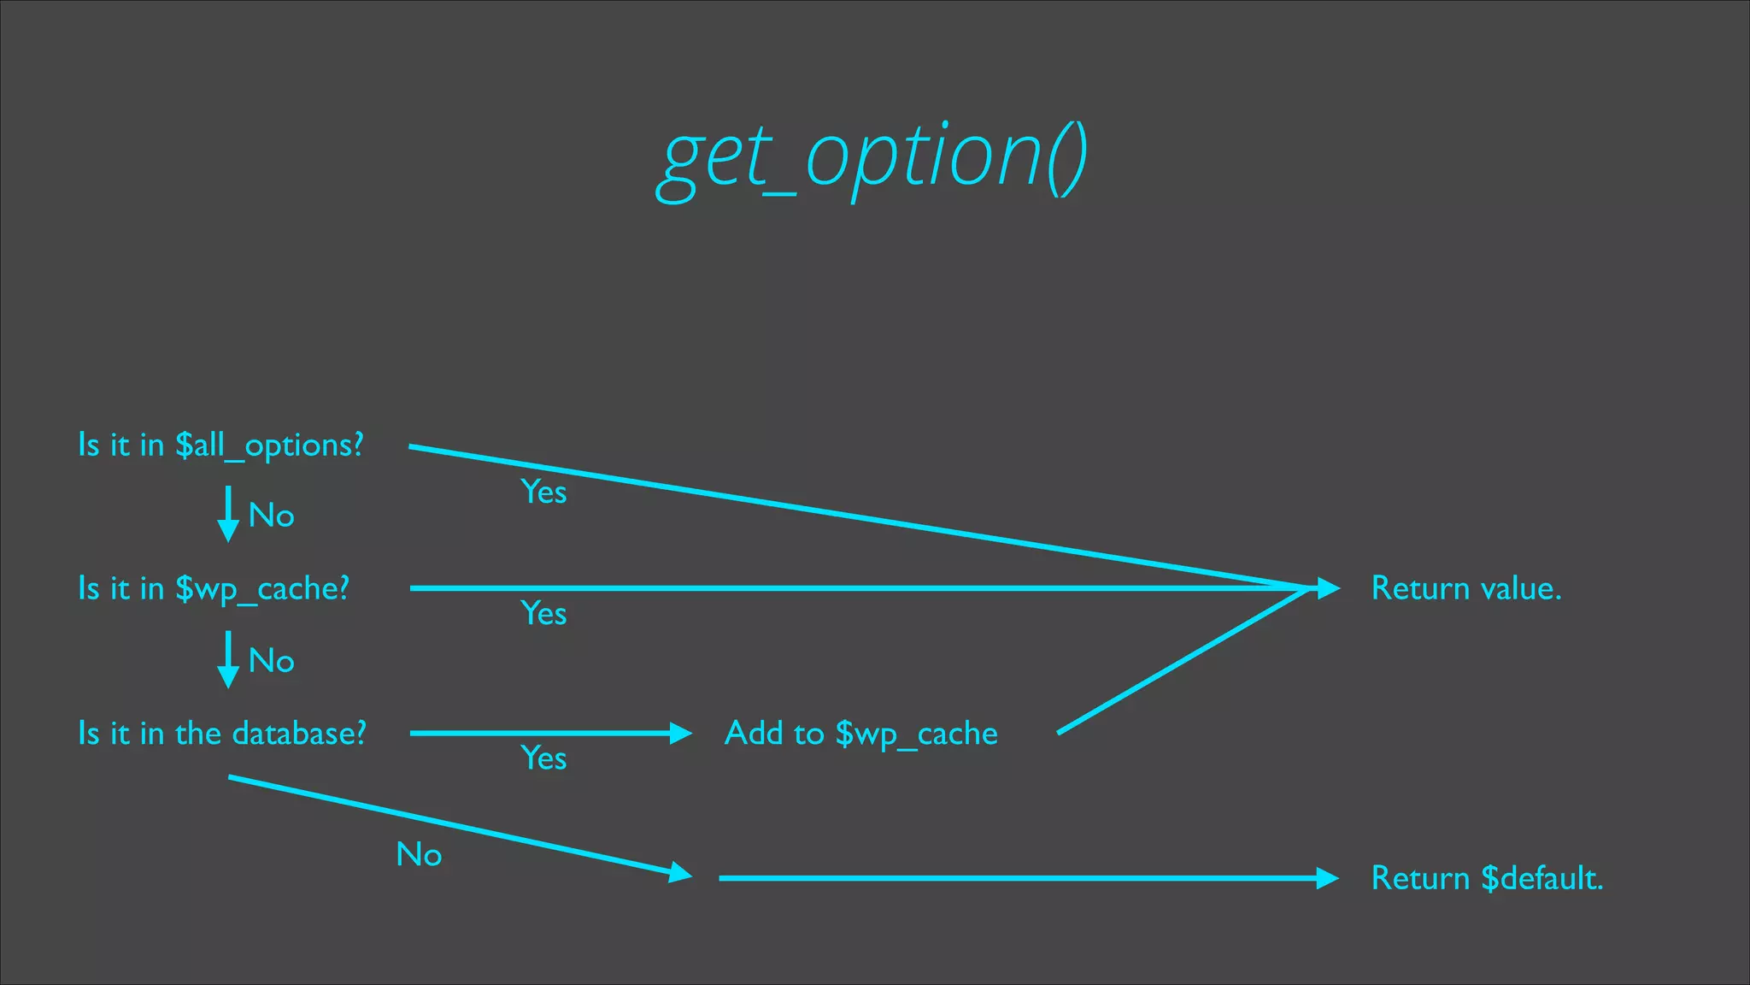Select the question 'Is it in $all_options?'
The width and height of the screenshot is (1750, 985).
(220, 445)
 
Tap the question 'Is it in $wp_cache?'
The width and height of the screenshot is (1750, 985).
(214, 589)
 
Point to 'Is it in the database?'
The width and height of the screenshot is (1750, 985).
(222, 734)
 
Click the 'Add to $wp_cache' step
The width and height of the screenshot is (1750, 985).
(860, 734)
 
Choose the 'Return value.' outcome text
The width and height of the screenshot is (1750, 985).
(1466, 588)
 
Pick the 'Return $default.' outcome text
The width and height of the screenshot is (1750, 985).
(1487, 878)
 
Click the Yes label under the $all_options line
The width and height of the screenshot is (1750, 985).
(543, 492)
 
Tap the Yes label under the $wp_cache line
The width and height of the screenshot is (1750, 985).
(543, 614)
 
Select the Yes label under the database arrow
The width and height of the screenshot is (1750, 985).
(543, 758)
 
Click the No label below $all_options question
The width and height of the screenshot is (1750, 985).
(271, 516)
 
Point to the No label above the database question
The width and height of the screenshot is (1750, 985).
(271, 661)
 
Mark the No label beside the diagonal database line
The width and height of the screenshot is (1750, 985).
(419, 855)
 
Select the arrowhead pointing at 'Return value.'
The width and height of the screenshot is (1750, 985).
(1327, 588)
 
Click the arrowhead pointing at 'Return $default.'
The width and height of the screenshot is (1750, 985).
(1327, 878)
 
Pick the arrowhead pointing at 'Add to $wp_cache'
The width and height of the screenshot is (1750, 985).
(680, 734)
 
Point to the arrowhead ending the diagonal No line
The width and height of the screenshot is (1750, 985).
(680, 873)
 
